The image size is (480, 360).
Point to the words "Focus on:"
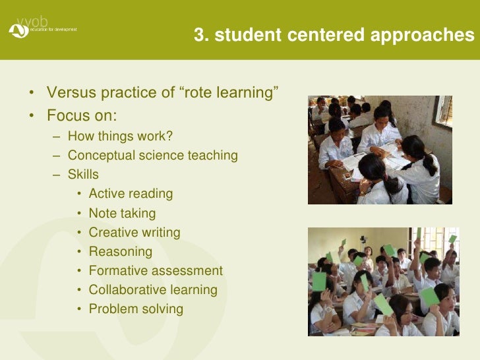(82, 115)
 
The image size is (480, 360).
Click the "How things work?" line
(120, 136)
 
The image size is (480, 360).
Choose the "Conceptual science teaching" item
(152, 156)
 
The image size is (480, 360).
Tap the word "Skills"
(83, 175)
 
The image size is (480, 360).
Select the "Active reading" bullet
(131, 194)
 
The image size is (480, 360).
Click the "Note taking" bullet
(122, 214)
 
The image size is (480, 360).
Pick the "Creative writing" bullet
(134, 233)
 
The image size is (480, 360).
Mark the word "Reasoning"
(120, 252)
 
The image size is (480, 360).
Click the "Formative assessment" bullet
(156, 271)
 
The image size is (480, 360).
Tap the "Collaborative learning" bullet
(152, 290)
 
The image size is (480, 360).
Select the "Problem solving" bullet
(136, 309)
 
